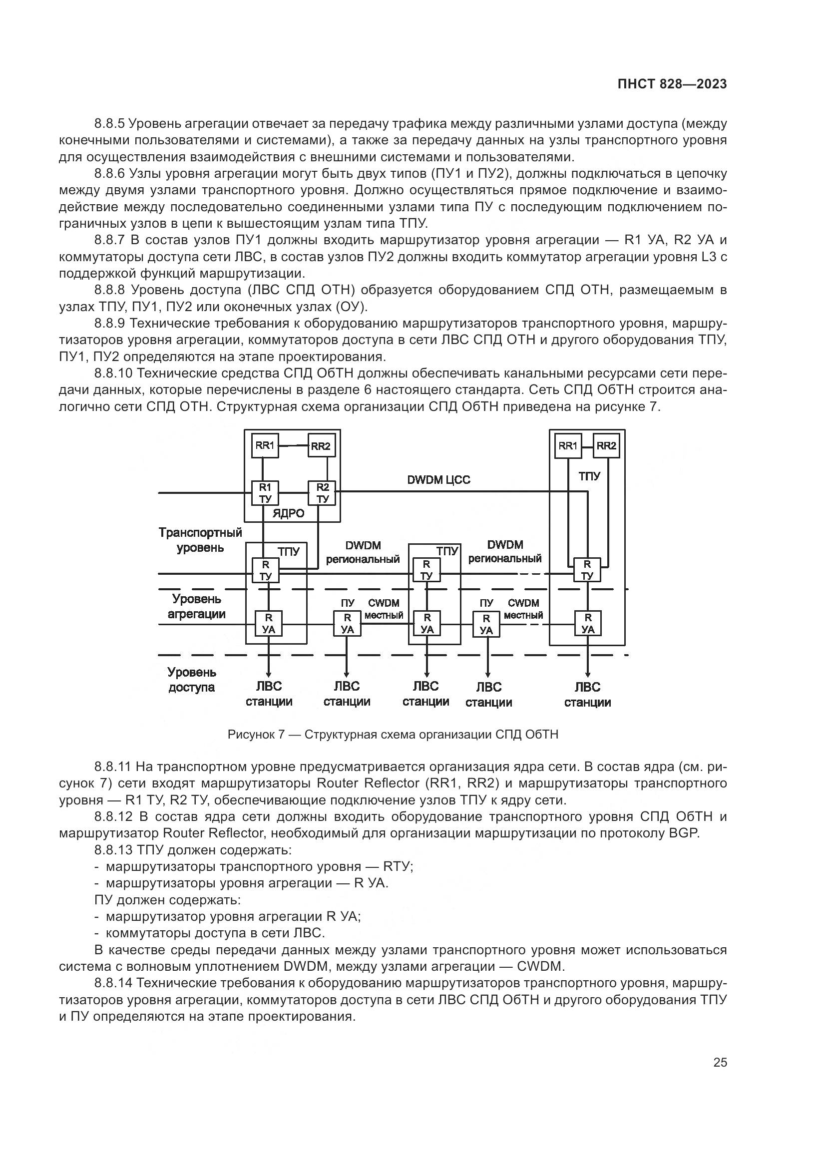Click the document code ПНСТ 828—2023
672,84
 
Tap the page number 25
720,1062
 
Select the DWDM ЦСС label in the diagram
438,480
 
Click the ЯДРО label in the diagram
288,513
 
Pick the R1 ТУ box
265,492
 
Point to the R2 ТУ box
323,492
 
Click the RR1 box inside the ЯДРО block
265,446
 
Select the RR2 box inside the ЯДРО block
321,446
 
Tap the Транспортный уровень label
200,540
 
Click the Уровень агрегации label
196,606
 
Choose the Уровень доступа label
192,680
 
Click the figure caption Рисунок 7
393,735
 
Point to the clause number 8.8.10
113,374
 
